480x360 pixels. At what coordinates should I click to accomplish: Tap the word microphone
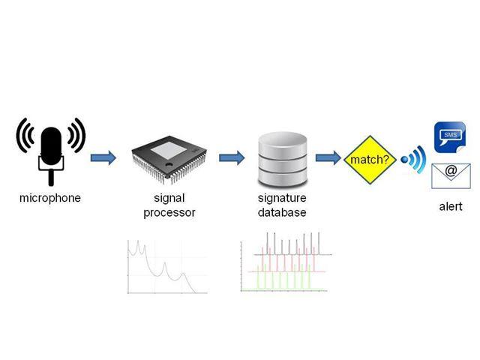coord(50,199)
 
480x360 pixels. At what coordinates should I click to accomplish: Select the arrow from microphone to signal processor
coord(103,158)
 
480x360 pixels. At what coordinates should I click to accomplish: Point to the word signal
coord(169,199)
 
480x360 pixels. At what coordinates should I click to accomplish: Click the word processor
coord(169,212)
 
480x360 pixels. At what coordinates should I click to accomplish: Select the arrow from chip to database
coord(232,158)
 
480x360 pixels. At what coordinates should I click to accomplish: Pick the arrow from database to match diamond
coord(327,157)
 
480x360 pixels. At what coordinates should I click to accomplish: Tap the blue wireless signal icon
coord(413,159)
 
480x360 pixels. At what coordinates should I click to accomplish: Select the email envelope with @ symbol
coord(451,174)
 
